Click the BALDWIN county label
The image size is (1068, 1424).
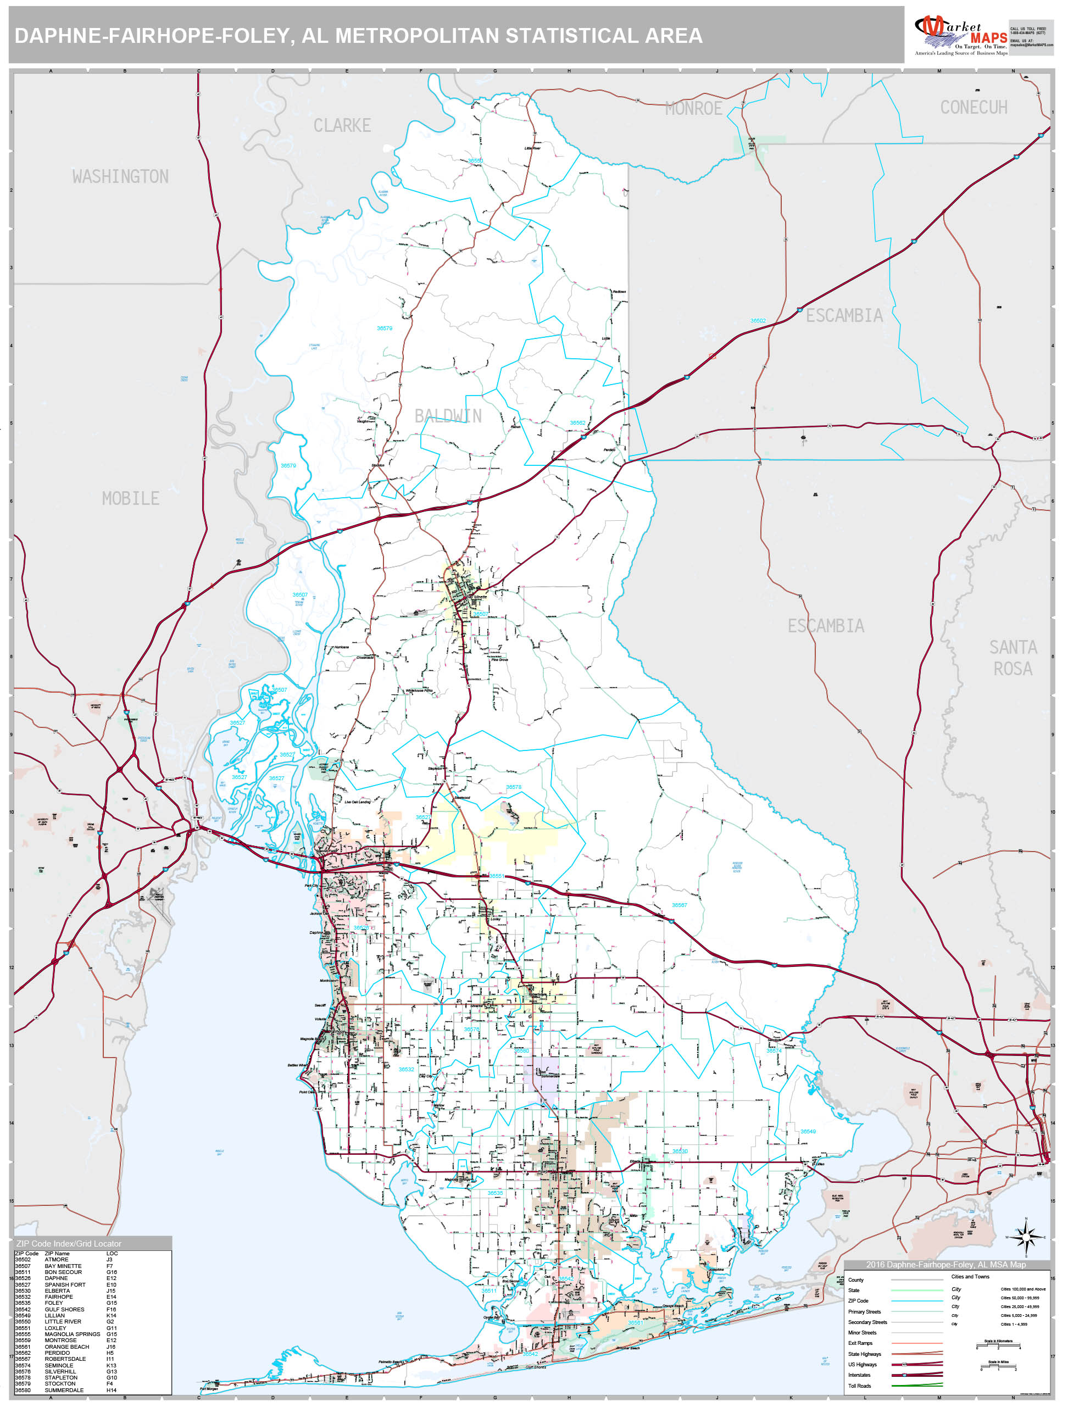pos(448,416)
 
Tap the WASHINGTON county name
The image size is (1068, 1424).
pos(120,176)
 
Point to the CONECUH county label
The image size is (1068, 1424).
pos(974,108)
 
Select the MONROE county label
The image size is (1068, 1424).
pos(693,109)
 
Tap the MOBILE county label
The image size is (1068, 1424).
pos(130,498)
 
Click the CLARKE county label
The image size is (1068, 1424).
pos(342,125)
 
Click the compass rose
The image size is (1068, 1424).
pos(1026,1237)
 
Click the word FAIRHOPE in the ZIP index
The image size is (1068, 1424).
pos(59,1297)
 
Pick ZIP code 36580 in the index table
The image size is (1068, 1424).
pos(23,1390)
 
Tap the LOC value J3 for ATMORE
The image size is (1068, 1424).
pos(109,1260)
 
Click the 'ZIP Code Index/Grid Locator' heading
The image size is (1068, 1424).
pos(69,1244)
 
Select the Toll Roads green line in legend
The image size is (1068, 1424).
pos(917,1386)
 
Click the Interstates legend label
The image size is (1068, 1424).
pos(859,1375)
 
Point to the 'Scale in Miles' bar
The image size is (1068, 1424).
pos(998,1367)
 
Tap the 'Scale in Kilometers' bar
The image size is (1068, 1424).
pos(998,1345)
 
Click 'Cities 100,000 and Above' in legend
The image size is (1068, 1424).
pos(1023,1289)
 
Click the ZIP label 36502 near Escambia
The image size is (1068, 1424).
pos(758,321)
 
